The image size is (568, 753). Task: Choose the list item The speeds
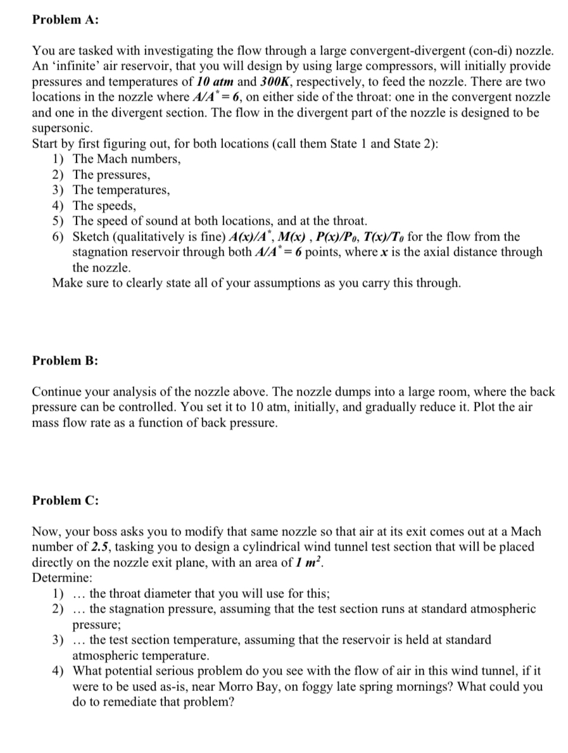click(104, 206)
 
